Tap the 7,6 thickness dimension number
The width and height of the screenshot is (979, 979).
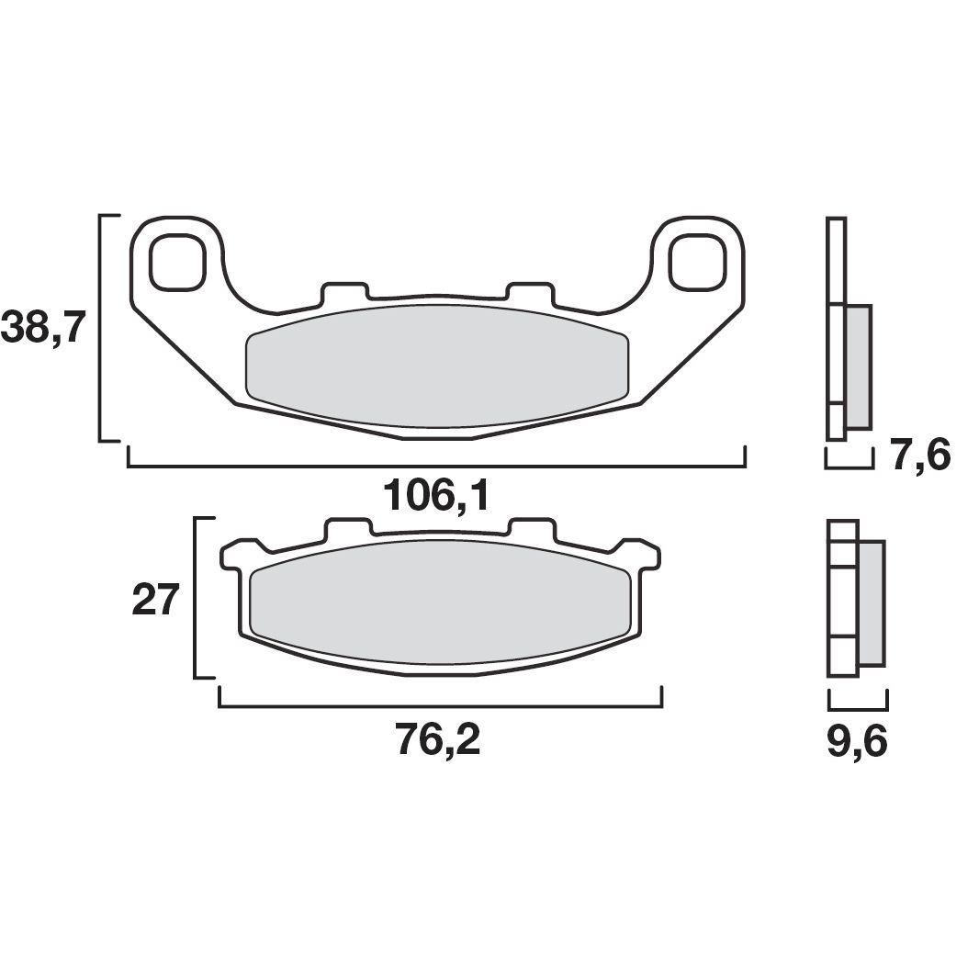tap(919, 456)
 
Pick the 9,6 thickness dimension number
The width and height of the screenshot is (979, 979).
tap(857, 742)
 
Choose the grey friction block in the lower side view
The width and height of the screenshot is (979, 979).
tap(872, 602)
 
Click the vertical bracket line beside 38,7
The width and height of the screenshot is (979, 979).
tap(100, 328)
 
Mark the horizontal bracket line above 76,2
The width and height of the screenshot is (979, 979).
tap(439, 706)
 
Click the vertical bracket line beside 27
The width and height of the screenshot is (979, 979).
tap(196, 598)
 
